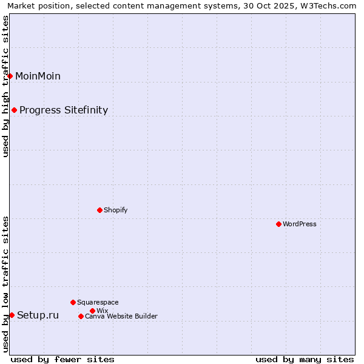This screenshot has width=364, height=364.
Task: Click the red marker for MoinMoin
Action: (10, 76)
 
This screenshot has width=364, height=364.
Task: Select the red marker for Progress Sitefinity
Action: (14, 110)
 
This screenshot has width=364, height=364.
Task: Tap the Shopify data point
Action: (99, 210)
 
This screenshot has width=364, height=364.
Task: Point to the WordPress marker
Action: (278, 224)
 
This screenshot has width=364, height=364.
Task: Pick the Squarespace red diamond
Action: (73, 302)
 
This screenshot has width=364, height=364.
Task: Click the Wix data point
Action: (92, 311)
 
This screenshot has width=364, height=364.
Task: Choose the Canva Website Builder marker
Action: (81, 316)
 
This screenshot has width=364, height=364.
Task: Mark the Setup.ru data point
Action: (12, 315)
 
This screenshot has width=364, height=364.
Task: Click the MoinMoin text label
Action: (38, 76)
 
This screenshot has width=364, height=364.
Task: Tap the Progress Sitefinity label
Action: (64, 110)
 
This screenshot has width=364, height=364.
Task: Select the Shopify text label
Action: (115, 210)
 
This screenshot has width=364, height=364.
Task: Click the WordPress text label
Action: (300, 224)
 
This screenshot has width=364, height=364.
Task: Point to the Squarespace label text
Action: (98, 302)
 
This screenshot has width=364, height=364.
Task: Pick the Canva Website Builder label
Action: (121, 316)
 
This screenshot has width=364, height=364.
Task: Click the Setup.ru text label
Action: (38, 315)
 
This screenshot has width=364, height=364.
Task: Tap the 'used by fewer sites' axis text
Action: (62, 359)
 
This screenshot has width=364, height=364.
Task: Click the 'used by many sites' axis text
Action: (305, 359)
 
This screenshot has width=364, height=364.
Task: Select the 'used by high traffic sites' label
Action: (6, 86)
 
